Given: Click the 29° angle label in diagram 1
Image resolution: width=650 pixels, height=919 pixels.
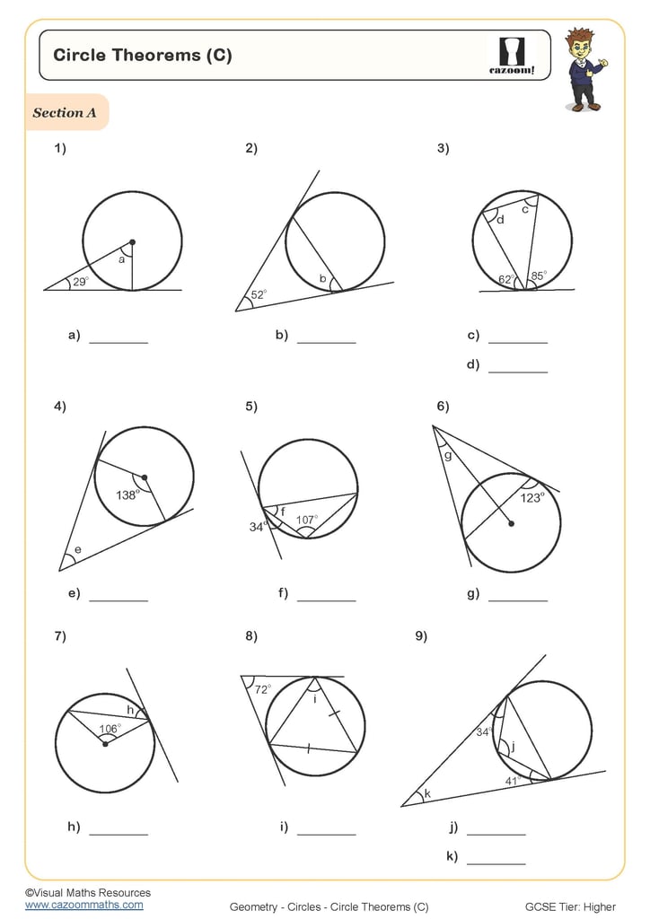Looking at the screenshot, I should click(x=81, y=282).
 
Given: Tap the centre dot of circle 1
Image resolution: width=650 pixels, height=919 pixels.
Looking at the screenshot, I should click(x=132, y=242).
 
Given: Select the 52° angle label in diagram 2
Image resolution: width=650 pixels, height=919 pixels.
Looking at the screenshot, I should click(x=259, y=293).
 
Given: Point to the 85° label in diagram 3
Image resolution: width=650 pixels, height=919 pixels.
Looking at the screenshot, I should click(x=539, y=276).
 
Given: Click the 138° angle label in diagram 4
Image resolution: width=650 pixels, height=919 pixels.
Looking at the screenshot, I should click(x=127, y=495).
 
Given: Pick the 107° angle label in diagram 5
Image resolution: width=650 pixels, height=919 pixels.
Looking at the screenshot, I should click(x=308, y=519).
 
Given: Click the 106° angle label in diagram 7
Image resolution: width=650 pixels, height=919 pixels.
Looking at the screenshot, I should click(x=109, y=729).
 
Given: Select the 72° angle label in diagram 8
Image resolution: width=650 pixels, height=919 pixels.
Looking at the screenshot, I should click(x=261, y=689).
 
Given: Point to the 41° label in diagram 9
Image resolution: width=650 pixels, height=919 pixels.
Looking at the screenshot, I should click(x=513, y=781).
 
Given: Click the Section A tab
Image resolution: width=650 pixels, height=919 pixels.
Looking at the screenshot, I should click(x=66, y=113).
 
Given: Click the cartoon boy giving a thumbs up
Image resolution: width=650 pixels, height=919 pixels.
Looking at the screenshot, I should click(x=584, y=69).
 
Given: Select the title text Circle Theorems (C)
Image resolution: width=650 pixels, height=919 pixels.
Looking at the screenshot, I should click(x=143, y=55).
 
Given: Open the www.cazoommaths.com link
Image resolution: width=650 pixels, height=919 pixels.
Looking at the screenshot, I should click(x=83, y=905).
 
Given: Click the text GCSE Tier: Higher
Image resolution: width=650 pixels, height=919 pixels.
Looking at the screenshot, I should click(x=570, y=906).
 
